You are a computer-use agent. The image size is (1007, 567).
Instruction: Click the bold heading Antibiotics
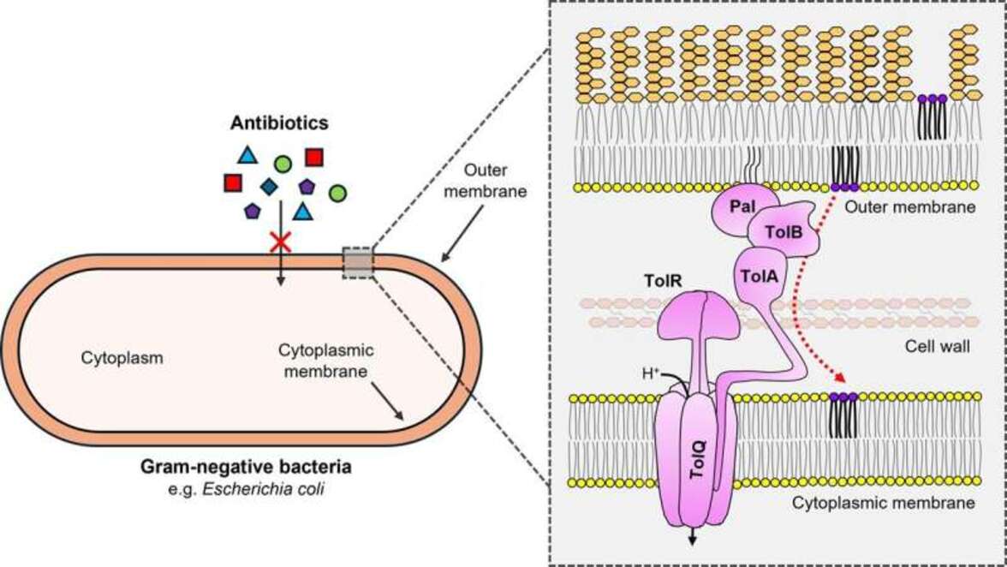click(x=278, y=123)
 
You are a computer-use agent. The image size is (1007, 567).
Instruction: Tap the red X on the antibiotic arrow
click(x=279, y=244)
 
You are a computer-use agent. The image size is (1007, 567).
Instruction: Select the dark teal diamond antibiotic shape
click(x=269, y=186)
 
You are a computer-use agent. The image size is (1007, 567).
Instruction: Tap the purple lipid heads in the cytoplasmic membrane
click(x=843, y=397)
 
